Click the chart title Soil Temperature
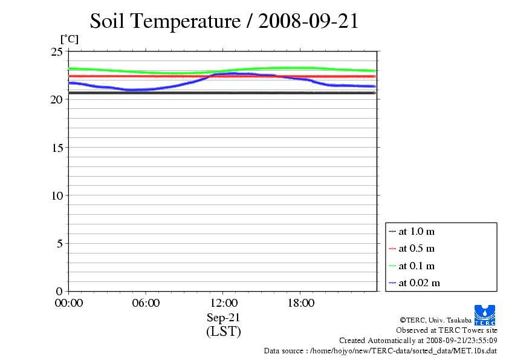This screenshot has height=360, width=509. [x=224, y=21]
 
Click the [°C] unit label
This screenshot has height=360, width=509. [x=68, y=39]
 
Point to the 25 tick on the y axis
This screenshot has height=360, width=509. [x=56, y=51]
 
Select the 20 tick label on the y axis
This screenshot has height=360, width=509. [x=56, y=99]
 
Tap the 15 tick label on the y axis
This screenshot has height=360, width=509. [x=56, y=147]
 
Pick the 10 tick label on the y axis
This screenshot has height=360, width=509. [x=56, y=195]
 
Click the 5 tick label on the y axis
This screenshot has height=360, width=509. [x=59, y=243]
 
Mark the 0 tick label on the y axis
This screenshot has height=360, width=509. [x=59, y=291]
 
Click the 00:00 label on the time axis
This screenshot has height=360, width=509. [x=69, y=303]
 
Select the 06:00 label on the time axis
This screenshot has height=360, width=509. [x=146, y=303]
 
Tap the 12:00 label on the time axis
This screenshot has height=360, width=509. [x=223, y=303]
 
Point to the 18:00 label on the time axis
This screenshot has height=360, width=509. [x=300, y=303]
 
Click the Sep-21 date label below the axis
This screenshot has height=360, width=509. [x=223, y=318]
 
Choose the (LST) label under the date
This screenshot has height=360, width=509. [x=223, y=332]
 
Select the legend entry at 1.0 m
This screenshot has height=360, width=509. [x=417, y=231]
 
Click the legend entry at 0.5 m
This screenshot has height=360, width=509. [x=417, y=249]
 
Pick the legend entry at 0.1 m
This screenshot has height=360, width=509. [x=417, y=266]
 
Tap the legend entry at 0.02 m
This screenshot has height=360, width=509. [x=419, y=283]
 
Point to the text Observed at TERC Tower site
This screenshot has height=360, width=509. [x=446, y=330]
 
